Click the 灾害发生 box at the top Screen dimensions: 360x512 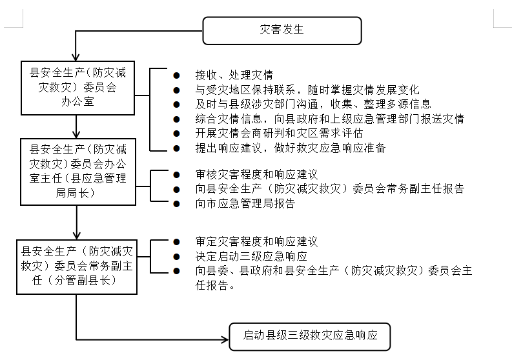[281, 30]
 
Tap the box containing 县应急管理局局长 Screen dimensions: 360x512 [77, 170]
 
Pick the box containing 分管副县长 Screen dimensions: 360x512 [77, 266]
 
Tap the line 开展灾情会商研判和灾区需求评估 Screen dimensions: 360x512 [278, 133]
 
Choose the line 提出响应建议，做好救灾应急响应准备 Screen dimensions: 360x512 [290, 148]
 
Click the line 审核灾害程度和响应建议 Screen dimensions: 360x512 [256, 174]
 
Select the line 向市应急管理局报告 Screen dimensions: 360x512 [245, 203]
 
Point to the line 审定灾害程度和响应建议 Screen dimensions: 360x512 [256, 242]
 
